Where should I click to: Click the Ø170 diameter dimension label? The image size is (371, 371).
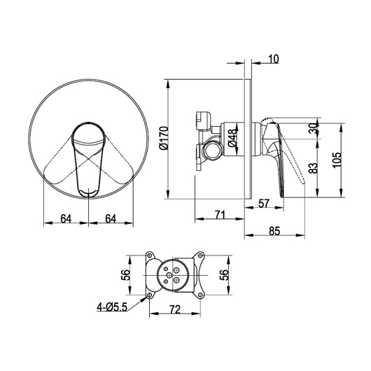pos(164,139)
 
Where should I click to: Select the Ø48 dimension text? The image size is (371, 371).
pos(232,138)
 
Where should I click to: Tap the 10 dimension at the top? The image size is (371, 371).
pos(274,59)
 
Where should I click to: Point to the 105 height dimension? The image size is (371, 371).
pos(337,160)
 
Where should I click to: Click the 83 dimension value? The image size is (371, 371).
pos(314,168)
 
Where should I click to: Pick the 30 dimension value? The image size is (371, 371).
pos(314,129)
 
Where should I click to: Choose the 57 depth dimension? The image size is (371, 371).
pos(264,203)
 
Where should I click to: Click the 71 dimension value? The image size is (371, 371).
pos(220,215)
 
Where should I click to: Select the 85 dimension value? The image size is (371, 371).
pos(274,231)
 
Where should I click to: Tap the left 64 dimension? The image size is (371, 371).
pos(66,218)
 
